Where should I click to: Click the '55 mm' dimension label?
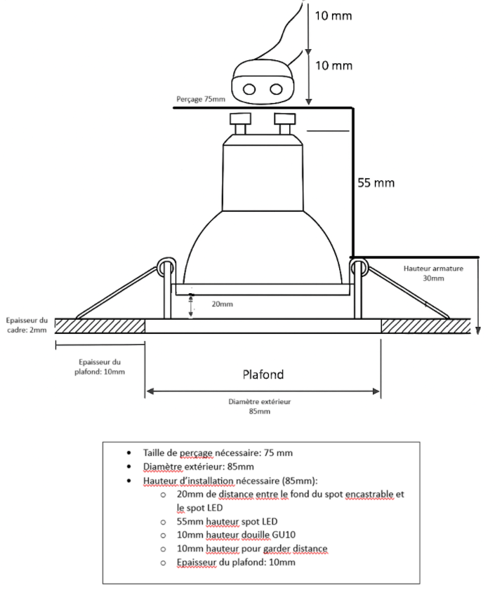(x=376, y=182)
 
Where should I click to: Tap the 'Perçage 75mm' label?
(x=201, y=100)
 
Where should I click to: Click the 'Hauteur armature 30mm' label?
(x=432, y=273)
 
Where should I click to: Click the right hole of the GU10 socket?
(x=276, y=89)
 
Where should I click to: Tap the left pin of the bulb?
(x=241, y=123)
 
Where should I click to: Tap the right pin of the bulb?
(x=285, y=123)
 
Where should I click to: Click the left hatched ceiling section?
(x=99, y=326)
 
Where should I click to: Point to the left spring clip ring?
(x=166, y=266)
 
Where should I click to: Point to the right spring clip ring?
(x=359, y=266)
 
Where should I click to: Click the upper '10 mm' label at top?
(x=333, y=15)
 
